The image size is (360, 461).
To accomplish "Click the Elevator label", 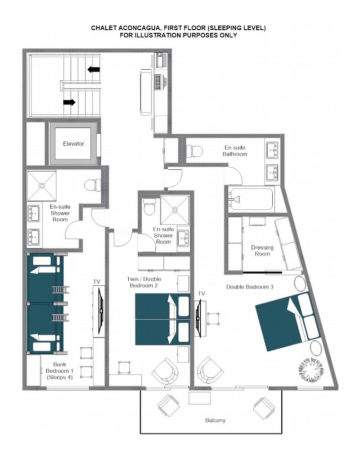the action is coord(73,144).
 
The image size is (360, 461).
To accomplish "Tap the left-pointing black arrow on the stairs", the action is coord(94,70).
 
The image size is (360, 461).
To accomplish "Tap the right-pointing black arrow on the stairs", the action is coord(69,102).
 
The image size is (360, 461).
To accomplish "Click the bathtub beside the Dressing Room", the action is coord(251,199).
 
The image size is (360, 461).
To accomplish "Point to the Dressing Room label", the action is coord(262,250).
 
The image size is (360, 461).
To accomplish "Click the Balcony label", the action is coord(215,420).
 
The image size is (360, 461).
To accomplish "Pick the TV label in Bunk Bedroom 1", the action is coord(97,282).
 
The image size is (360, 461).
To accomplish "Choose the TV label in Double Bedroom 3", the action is coord(201,294).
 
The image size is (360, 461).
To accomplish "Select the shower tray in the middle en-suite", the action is coord(175,210).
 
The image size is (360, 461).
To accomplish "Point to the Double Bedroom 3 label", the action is coord(249,287).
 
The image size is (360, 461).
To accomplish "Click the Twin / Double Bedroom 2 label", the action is coord(144,282).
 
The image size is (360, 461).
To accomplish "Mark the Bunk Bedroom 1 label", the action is coord(59,371).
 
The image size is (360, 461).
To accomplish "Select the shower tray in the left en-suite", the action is coord(42,186).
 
